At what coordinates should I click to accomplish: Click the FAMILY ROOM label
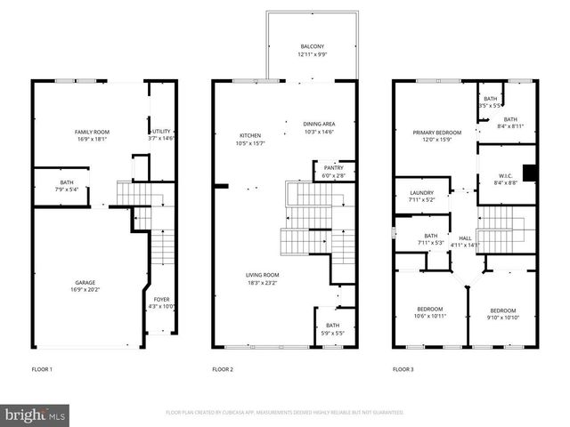(90, 132)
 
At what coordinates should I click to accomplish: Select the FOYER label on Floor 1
(161, 300)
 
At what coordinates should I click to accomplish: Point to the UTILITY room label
(161, 132)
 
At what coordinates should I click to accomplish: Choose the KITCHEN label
(225, 135)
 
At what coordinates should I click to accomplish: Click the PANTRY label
(334, 167)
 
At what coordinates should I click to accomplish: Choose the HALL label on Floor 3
(465, 238)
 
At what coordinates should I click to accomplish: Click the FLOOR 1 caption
(42, 368)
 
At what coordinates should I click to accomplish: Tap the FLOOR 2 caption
(223, 368)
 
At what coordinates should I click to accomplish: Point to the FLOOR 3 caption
(403, 368)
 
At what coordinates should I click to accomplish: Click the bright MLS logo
(36, 415)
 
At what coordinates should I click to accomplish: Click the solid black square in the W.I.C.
(528, 173)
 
